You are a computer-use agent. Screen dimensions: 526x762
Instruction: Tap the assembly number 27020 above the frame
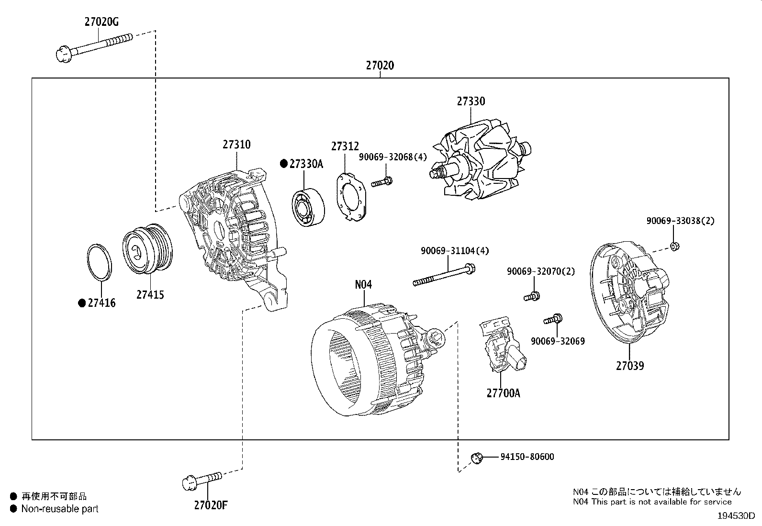[380, 66]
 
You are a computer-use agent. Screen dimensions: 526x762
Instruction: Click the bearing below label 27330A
[308, 206]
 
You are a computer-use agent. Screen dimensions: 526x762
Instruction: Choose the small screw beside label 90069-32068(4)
[381, 181]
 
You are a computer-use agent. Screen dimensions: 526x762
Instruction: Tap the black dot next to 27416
[82, 303]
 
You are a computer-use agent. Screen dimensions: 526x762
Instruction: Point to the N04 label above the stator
[363, 284]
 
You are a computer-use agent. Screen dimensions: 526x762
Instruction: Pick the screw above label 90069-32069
[553, 319]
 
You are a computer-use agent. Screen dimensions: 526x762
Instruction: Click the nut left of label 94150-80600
[477, 457]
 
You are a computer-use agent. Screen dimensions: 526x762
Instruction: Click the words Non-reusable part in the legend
[60, 509]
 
